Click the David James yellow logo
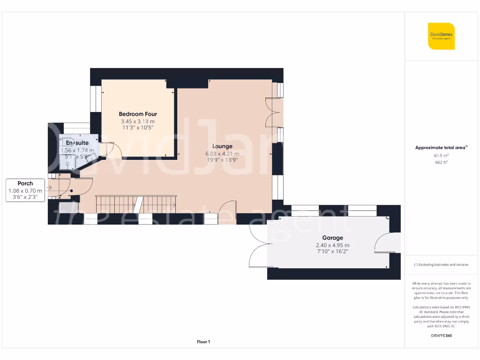(x=441, y=36)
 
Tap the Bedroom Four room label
(x=138, y=114)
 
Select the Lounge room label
(x=222, y=146)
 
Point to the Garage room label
(x=332, y=238)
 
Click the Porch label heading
(x=25, y=183)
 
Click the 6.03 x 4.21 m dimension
(x=222, y=153)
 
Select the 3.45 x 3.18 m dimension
(x=138, y=121)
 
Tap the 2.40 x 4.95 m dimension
(x=332, y=245)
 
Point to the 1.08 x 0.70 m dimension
(x=25, y=191)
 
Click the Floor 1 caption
(x=203, y=342)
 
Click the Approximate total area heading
(x=441, y=148)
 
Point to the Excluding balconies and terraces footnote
(x=441, y=265)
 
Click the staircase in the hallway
(x=135, y=203)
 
